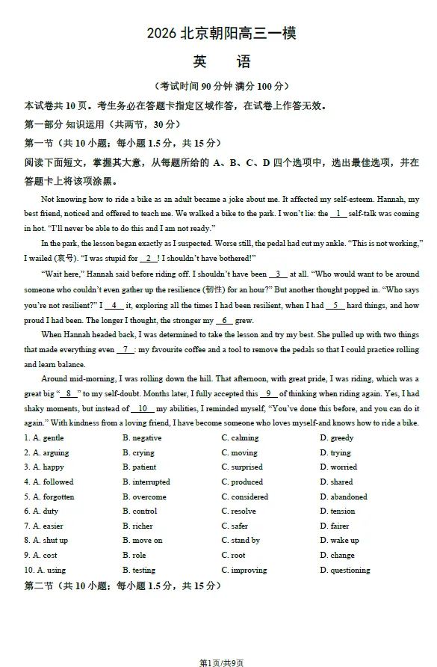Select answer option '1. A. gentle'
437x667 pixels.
click(x=44, y=438)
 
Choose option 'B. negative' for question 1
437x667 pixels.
click(x=142, y=438)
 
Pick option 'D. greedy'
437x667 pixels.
click(x=337, y=438)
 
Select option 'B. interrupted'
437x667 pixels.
click(x=146, y=482)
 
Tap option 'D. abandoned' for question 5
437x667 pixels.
click(x=344, y=497)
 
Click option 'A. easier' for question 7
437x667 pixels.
click(x=44, y=526)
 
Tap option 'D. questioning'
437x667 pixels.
click(x=345, y=571)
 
